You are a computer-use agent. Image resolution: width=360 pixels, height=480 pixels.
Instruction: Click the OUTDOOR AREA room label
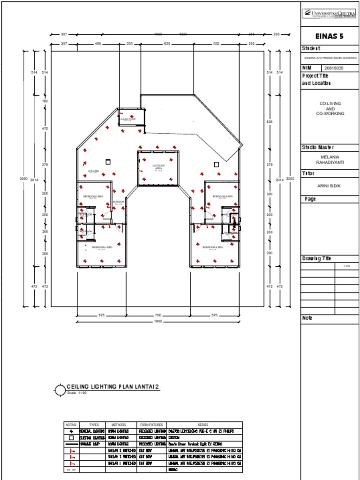coord(158,167)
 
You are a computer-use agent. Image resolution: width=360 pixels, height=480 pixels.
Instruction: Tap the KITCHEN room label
coord(93,172)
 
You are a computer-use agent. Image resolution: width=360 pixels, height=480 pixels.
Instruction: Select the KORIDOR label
coord(118,202)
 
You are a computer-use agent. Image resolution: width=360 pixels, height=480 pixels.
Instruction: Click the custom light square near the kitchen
coord(108,162)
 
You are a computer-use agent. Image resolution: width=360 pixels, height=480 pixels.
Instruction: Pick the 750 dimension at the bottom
coord(158,315)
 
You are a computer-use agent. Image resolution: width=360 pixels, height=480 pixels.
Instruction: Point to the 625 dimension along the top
coord(167,44)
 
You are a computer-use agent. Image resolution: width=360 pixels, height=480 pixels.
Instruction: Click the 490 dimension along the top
coord(98,44)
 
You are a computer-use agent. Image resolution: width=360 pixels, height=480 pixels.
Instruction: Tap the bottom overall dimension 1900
coord(158,322)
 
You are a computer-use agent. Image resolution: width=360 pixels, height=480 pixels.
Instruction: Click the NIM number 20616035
coord(334,68)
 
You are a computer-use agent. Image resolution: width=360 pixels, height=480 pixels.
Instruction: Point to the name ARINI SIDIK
coord(329,186)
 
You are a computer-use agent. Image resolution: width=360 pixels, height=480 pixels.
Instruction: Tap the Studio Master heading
coord(318,148)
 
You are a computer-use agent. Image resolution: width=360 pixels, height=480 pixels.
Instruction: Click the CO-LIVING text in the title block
coord(330,103)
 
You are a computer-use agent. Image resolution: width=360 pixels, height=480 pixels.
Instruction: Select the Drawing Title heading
coord(316,259)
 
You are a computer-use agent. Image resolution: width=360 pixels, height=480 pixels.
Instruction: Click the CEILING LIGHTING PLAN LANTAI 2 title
coord(113,387)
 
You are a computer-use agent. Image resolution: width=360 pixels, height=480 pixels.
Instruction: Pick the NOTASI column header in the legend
coord(71,425)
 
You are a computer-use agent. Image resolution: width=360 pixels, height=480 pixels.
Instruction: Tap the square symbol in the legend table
coord(71,437)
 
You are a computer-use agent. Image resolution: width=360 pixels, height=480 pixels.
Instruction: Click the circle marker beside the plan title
coord(60,390)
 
